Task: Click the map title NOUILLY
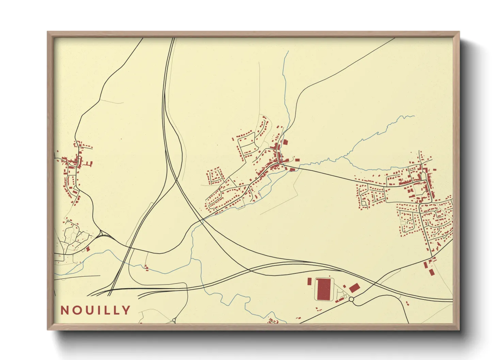click(x=95, y=310)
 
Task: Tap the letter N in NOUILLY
click(x=65, y=310)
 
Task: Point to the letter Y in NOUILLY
click(x=126, y=310)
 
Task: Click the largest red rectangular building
click(x=324, y=289)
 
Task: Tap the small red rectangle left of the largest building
click(x=310, y=281)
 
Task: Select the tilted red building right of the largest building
click(x=354, y=288)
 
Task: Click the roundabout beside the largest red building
click(x=351, y=299)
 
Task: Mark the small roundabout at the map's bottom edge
click(x=174, y=320)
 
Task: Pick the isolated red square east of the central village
click(x=297, y=160)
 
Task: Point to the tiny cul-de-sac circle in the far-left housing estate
click(x=68, y=221)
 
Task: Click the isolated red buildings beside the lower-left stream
click(x=146, y=268)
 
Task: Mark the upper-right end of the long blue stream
click(x=414, y=116)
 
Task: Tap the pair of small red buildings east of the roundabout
click(x=407, y=303)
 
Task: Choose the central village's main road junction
click(x=280, y=164)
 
